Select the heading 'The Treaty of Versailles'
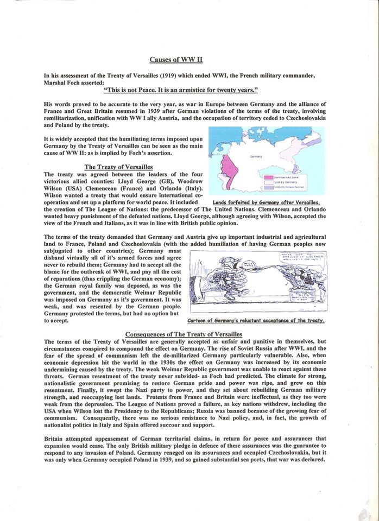119,166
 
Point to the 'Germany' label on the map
256,156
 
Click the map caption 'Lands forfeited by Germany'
267,202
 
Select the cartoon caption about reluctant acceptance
255,321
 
